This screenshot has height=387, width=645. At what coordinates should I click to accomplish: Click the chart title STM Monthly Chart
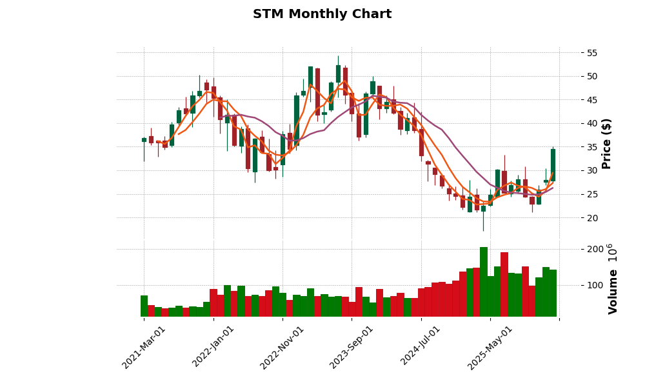coord(322,14)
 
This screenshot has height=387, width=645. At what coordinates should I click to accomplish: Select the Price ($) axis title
coord(606,143)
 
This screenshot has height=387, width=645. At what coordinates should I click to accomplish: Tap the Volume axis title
coord(612,279)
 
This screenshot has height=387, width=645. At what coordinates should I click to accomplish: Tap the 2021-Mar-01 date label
coord(144,346)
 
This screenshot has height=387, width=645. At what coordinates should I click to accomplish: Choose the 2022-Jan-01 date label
coord(213,346)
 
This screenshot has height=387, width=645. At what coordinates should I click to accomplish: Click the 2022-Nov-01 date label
coord(283,346)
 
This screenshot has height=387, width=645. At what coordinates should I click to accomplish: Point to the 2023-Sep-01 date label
coord(352,346)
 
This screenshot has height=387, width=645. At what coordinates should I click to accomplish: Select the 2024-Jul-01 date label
coord(421,346)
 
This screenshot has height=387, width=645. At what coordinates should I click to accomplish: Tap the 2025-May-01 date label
coord(490,346)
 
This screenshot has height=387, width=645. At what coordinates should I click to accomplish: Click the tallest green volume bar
coord(484,282)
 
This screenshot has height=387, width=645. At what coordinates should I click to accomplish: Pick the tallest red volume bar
coord(504,284)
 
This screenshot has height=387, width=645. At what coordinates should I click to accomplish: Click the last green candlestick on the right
coord(553,165)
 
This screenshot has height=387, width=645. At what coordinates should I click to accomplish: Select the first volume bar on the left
coord(144,306)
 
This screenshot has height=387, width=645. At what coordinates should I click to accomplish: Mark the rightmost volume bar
coord(553,293)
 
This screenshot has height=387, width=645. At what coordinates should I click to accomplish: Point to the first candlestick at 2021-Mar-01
coord(144,140)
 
